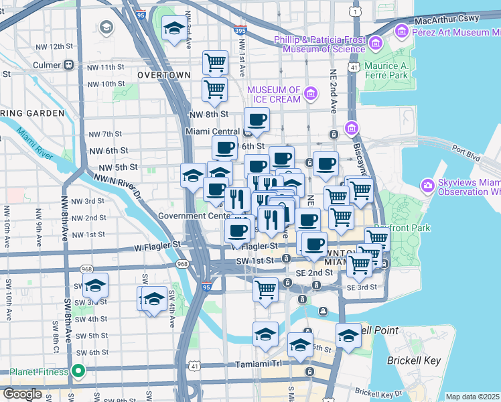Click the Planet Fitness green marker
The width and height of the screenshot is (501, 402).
(x=78, y=371)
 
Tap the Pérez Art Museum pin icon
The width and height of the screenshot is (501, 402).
(x=402, y=31)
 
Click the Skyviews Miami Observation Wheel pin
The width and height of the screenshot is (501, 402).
(x=427, y=185)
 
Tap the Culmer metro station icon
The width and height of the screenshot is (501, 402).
(x=68, y=66)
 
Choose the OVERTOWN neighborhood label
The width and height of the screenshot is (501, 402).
(x=164, y=75)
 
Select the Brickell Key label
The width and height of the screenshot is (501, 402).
(x=414, y=360)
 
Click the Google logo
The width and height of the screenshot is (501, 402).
(x=22, y=394)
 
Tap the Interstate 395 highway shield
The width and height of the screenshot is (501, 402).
(x=240, y=30)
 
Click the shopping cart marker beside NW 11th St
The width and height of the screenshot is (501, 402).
(x=215, y=63)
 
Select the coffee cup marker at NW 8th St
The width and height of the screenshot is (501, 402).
(x=257, y=121)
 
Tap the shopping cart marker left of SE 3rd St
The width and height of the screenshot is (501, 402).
(x=266, y=290)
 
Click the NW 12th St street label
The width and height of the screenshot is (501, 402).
(x=56, y=46)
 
